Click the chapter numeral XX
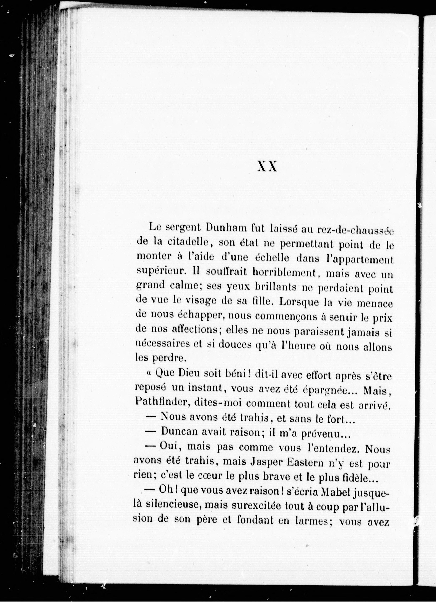[268, 167]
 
